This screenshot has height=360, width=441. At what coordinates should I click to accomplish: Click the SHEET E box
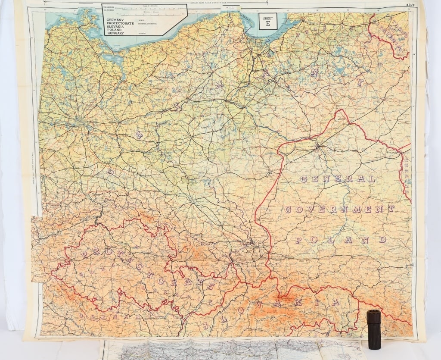(x=268, y=21)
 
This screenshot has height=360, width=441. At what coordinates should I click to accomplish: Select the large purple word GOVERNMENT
(x=339, y=209)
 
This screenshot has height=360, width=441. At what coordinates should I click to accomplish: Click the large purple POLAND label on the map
(x=339, y=239)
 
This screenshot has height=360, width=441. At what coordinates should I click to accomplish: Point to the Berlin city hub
(x=81, y=122)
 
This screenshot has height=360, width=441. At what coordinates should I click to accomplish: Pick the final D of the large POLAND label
(x=381, y=239)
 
